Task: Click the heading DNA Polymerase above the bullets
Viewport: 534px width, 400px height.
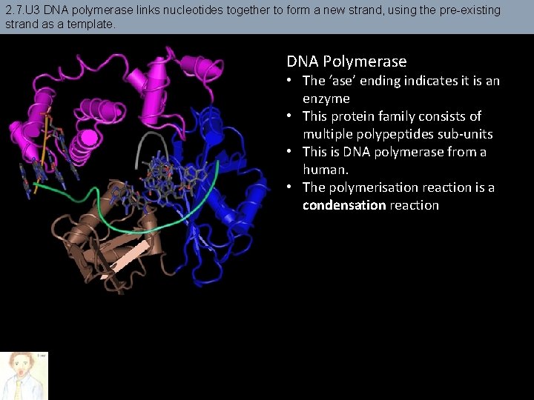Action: click(346, 61)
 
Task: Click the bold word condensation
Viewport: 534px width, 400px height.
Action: click(344, 205)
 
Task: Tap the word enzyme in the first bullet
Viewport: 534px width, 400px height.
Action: click(326, 99)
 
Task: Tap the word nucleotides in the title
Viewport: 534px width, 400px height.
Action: click(193, 10)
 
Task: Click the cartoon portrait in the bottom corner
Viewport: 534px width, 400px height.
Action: click(24, 376)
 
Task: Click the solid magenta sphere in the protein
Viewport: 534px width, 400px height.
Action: click(88, 138)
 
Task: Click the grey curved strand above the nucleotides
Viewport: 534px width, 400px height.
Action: click(156, 144)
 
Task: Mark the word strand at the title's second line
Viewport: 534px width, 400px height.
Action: click(22, 24)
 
